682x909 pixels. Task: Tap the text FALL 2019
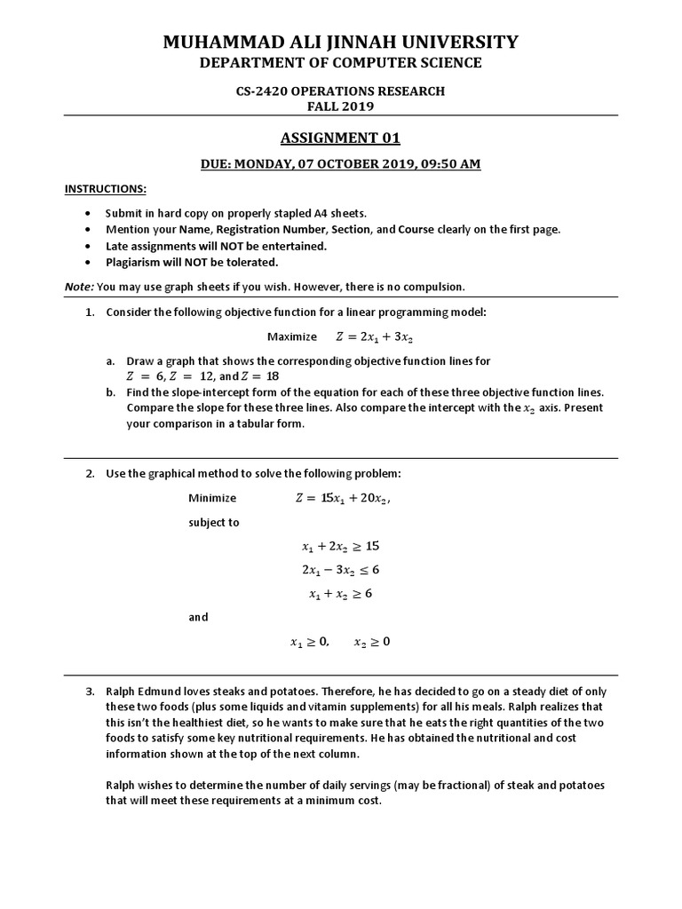[x=341, y=106]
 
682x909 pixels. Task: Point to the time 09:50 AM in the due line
[x=449, y=165]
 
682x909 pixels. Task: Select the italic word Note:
[x=79, y=286]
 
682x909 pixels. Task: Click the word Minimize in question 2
[x=212, y=498]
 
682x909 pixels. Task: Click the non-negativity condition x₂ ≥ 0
[x=371, y=641]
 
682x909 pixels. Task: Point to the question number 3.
[x=90, y=691]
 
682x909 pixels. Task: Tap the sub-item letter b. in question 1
[x=110, y=392]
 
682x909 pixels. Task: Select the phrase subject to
[x=213, y=522]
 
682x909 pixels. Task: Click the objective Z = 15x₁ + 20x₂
[x=342, y=498]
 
